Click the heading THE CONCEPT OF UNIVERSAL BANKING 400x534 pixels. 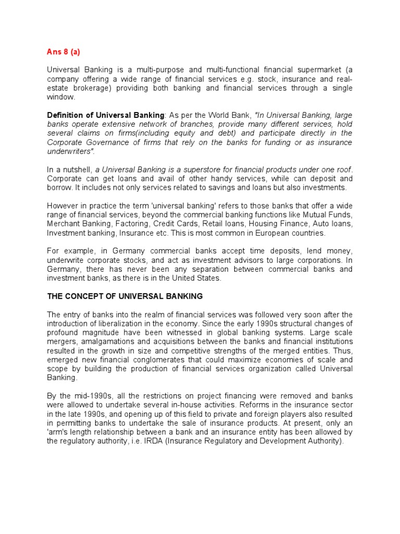[125, 296]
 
